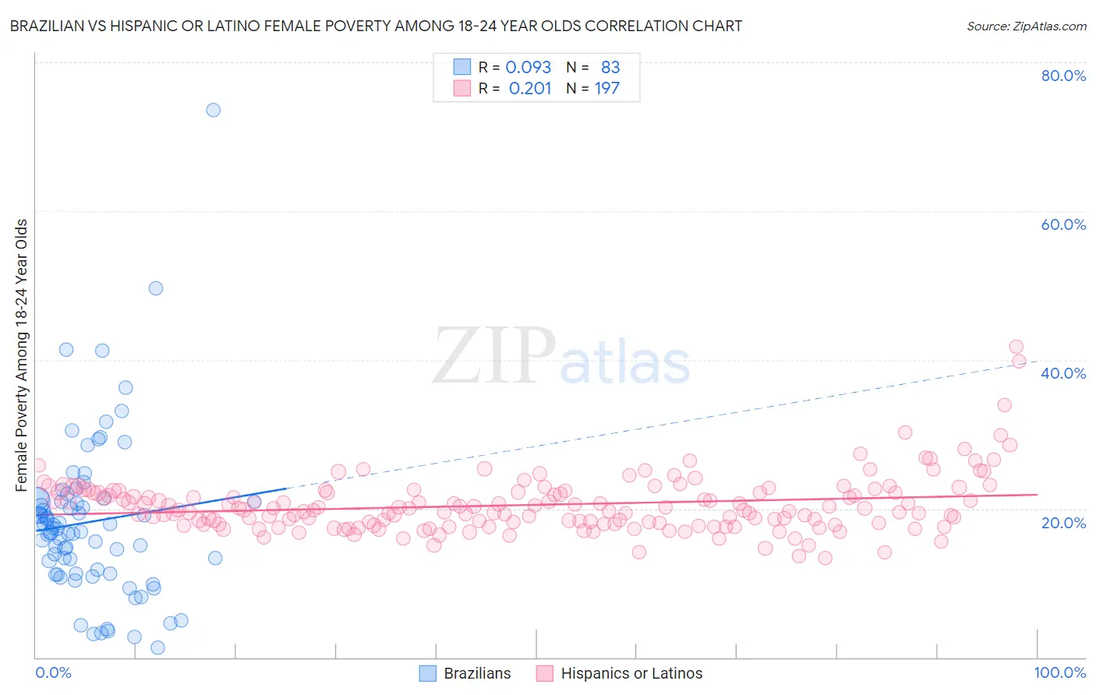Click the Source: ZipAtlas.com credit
tap(1026, 26)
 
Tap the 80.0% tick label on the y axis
tap(1063, 76)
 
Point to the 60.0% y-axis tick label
tap(1063, 224)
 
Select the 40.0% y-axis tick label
tap(1063, 373)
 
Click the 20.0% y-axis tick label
tap(1063, 522)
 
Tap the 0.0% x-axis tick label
tap(53, 672)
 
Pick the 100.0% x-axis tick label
tap(1059, 672)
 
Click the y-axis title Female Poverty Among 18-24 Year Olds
tap(22, 355)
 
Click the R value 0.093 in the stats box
tap(528, 68)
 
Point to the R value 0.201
tap(529, 88)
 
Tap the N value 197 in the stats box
tap(606, 88)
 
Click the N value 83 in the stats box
tap(610, 68)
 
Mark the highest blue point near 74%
tap(213, 110)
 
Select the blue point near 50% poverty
tap(156, 288)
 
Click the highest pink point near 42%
tap(1016, 347)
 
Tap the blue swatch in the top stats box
tap(462, 68)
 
